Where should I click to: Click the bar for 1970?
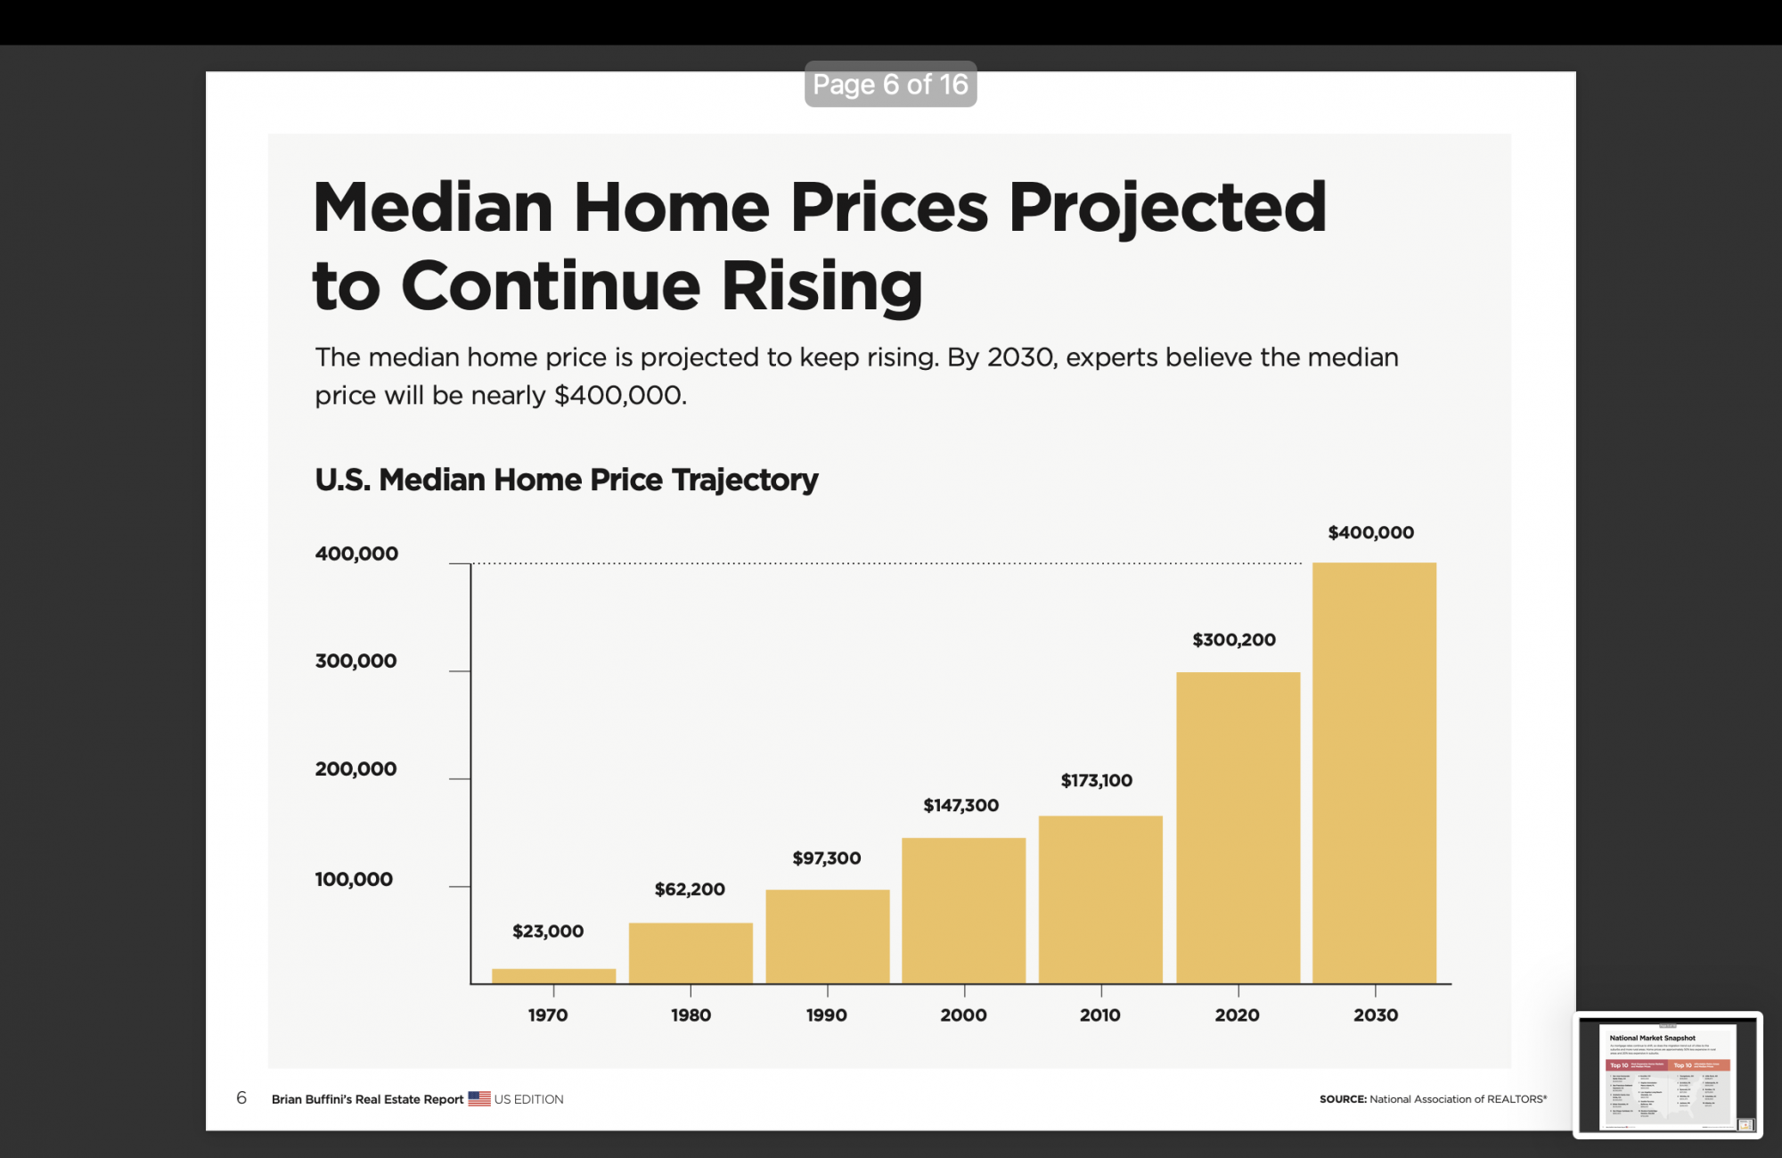pos(553,975)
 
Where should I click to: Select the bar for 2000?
pos(963,910)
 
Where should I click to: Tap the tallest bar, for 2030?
pos(1374,773)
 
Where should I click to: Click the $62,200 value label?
pos(690,889)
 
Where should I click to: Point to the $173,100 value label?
pos(1096,780)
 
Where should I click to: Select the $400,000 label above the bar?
pos(1370,532)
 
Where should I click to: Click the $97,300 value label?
pos(826,858)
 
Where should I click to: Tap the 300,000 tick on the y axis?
pos(356,661)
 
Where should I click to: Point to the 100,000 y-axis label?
pos(354,879)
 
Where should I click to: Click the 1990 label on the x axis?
pos(826,1014)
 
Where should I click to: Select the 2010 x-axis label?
pos(1099,1014)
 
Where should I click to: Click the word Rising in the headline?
pos(822,286)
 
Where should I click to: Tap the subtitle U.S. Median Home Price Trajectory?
pos(566,480)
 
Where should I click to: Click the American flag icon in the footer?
pos(479,1098)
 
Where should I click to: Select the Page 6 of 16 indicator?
pos(890,84)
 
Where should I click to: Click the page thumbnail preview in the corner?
pos(1667,1074)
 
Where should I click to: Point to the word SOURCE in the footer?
pos(1343,1099)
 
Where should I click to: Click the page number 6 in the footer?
pos(241,1097)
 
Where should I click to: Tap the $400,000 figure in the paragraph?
pos(619,395)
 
